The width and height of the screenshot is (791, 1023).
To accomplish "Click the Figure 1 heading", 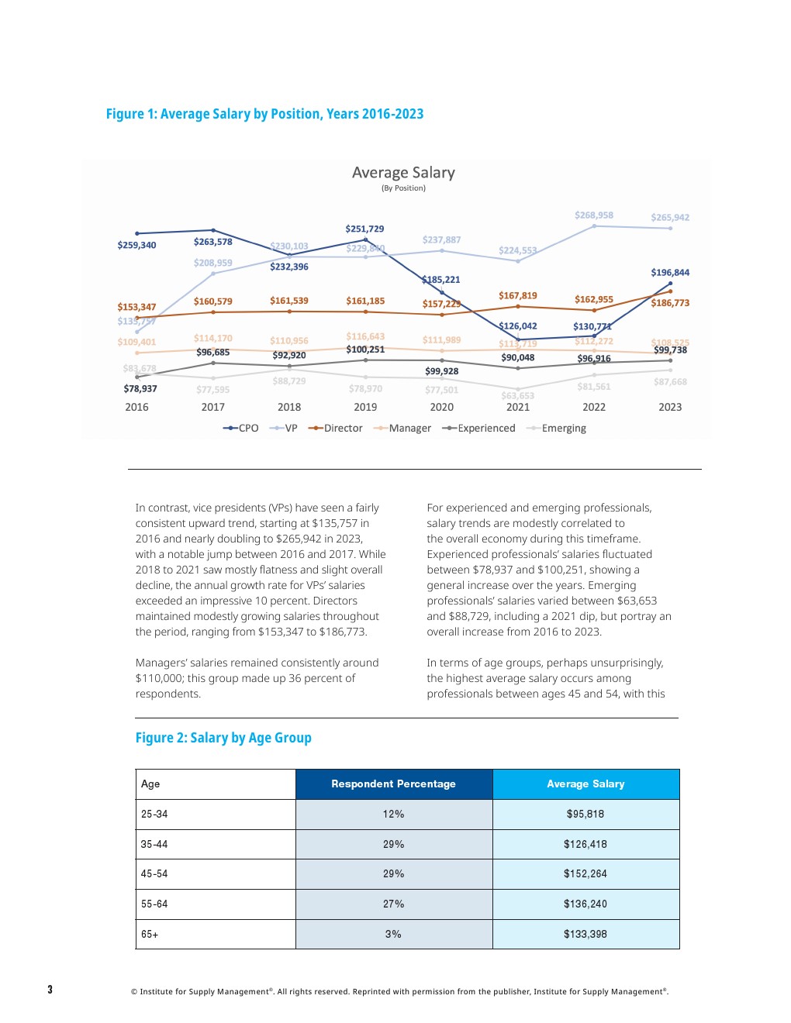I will [264, 114].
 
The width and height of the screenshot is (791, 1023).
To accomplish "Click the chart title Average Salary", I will [403, 173].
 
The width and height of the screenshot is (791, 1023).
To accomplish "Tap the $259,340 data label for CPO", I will [136, 245].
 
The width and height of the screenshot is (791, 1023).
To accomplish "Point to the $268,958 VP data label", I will [593, 215].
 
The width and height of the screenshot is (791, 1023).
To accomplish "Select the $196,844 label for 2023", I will [670, 272].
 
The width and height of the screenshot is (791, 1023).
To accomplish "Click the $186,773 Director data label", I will [670, 303].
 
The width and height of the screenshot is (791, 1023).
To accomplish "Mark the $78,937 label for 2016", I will [140, 388].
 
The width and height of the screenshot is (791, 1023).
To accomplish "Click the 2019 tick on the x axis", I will [365, 407].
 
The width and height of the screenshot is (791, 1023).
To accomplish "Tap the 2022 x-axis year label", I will [594, 407].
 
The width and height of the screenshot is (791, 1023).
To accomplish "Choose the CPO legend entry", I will [241, 428].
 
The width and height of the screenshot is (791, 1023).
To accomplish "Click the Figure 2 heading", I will [223, 738].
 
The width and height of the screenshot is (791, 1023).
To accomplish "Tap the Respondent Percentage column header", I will [393, 784].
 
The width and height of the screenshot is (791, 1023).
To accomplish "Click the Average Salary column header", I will [585, 784].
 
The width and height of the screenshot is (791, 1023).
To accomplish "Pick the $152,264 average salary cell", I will [585, 873].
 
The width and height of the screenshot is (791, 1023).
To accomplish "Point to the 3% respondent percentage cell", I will [393, 934].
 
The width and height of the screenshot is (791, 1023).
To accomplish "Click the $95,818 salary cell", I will [585, 814].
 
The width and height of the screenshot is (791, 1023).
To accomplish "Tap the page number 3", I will [50, 989].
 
